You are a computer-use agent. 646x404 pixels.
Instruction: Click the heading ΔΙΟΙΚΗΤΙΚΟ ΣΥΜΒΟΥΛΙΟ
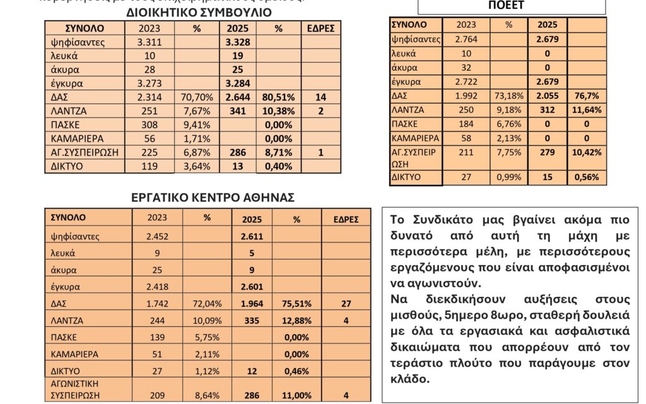click(199, 12)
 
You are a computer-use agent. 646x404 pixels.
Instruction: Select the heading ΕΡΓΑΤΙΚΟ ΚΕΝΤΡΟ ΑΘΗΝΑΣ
click(213, 197)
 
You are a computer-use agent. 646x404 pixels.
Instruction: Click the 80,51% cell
click(279, 97)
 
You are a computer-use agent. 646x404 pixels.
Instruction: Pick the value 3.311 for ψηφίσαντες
click(149, 42)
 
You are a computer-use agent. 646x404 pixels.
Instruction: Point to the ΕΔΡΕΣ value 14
click(320, 97)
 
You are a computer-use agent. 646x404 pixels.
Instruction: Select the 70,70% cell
click(196, 97)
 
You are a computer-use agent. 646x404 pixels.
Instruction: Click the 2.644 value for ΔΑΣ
click(237, 97)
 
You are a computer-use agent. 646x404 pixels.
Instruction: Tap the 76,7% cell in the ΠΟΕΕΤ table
click(587, 96)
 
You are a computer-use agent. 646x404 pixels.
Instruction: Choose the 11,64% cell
click(587, 110)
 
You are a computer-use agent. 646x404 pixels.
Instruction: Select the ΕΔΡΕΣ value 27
click(346, 303)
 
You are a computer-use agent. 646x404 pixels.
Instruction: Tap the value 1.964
click(252, 303)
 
